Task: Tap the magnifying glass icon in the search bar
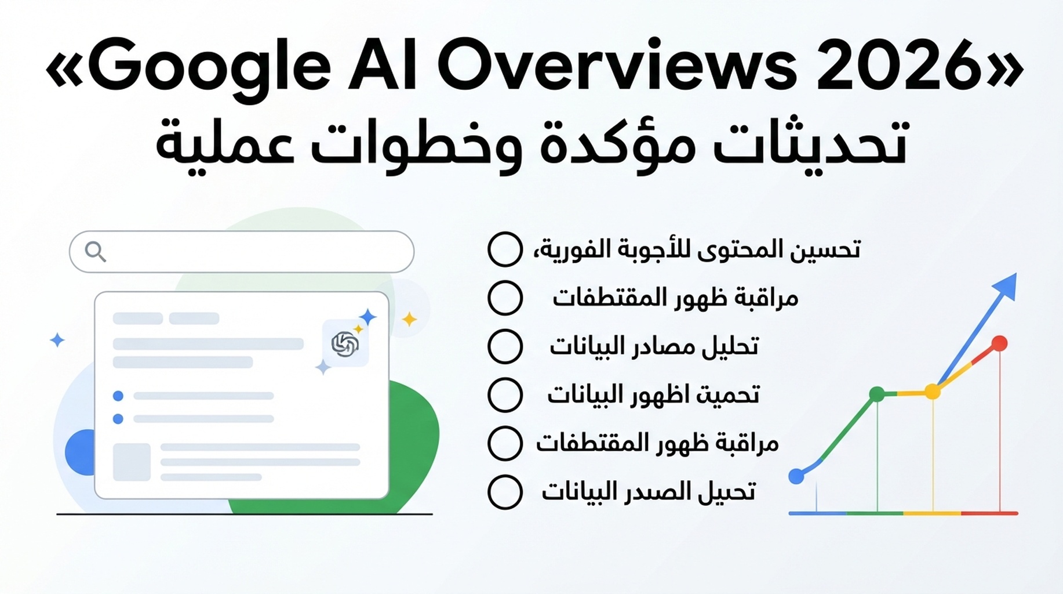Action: [x=96, y=252]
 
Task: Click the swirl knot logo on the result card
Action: [x=345, y=344]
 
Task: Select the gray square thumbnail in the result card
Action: [x=132, y=462]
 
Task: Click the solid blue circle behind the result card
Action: [x=81, y=452]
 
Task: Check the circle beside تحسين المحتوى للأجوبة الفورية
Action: [x=505, y=249]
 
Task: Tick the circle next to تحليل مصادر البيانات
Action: [x=505, y=346]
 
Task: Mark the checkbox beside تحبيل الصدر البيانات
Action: [x=505, y=492]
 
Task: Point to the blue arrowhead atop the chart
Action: [x=1006, y=285]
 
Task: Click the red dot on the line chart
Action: [x=999, y=343]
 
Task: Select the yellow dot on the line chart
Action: [x=933, y=392]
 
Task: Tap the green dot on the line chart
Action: [x=877, y=394]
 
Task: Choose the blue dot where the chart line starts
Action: [x=797, y=476]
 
